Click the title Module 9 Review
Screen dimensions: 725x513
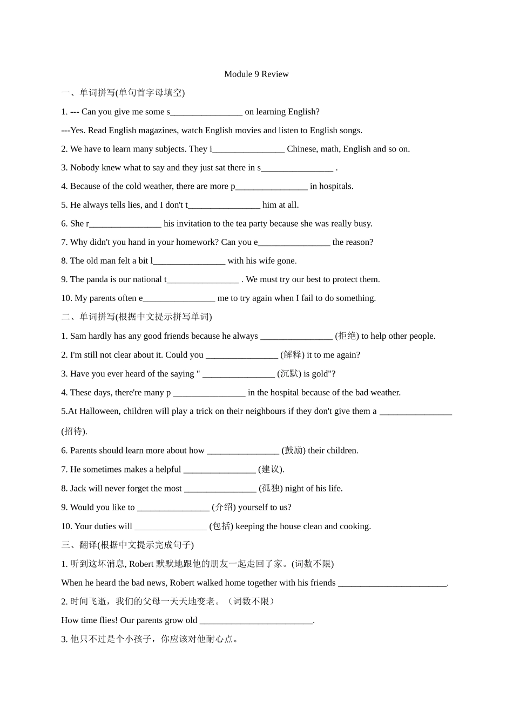pyautogui.click(x=256, y=74)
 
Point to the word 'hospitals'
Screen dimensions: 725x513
pyautogui.click(x=335, y=187)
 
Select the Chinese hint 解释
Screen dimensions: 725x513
pyautogui.click(x=292, y=355)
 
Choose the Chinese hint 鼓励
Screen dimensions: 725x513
pyautogui.click(x=293, y=450)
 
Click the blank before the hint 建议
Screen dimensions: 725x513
pyautogui.click(x=219, y=470)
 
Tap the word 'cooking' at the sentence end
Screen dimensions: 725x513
pyautogui.click(x=355, y=526)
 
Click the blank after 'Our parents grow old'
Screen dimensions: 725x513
pyautogui.click(x=256, y=621)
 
